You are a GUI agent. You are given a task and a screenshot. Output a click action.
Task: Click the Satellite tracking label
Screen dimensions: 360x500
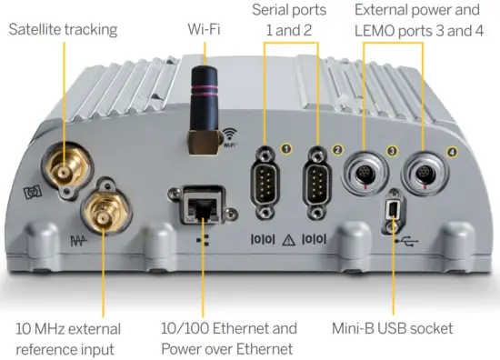[x=63, y=29]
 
